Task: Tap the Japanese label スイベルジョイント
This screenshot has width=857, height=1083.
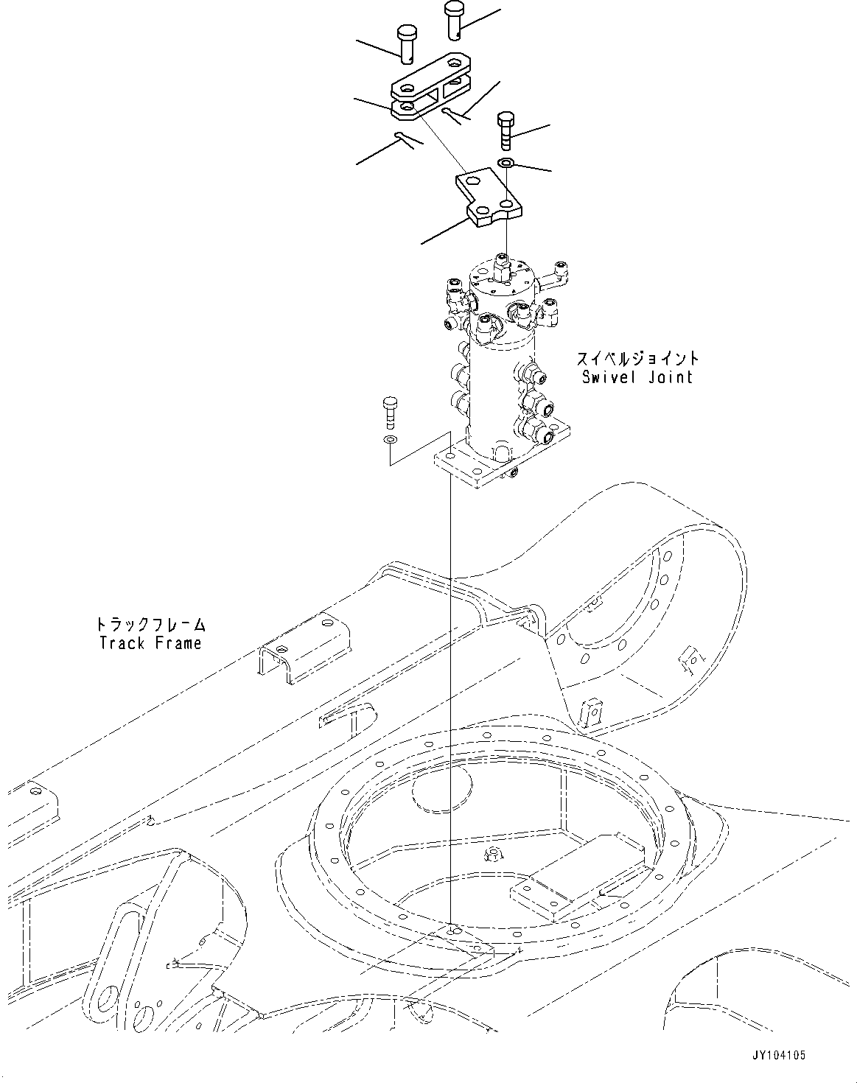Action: click(637, 360)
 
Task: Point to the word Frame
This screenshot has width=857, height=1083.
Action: click(178, 643)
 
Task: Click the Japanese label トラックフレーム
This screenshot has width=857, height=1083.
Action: click(150, 625)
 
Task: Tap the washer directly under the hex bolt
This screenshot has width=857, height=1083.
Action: click(506, 162)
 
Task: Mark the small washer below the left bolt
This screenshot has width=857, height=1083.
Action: click(389, 440)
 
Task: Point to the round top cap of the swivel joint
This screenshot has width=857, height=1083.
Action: click(504, 278)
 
